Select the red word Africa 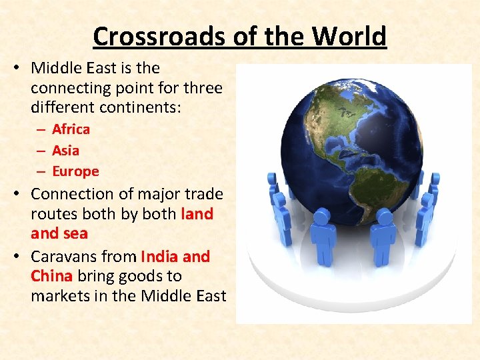(71, 129)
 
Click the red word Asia (65, 151)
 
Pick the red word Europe (75, 171)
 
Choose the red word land (197, 214)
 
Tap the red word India (159, 257)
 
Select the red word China (51, 276)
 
